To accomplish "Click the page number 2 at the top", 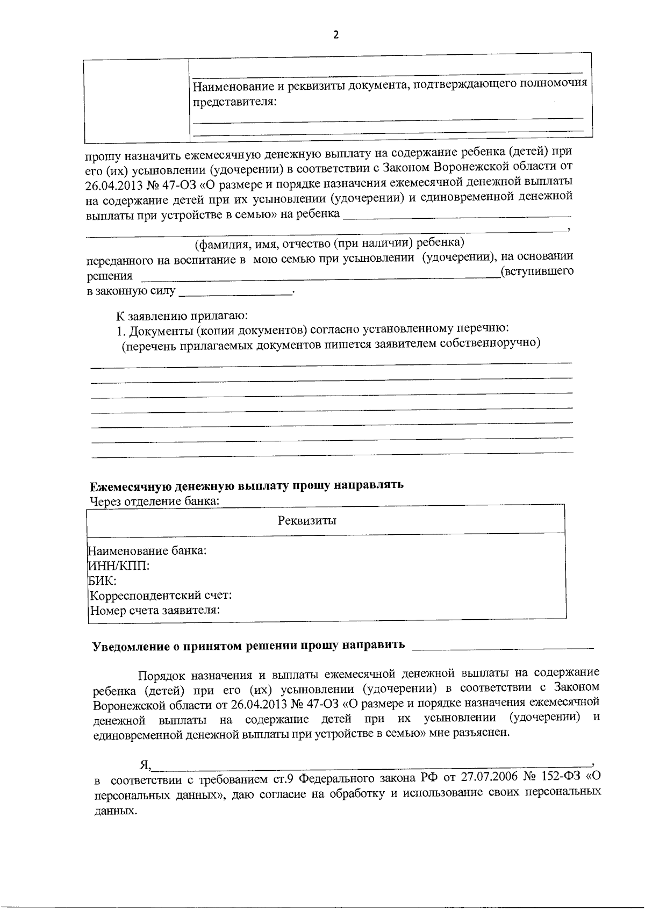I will [336, 35].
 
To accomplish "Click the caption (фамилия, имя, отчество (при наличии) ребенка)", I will [329, 243].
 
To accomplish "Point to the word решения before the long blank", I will [109, 276].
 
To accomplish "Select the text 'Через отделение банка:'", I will [155, 501].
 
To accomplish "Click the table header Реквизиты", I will [307, 520].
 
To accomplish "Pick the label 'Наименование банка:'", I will [148, 551].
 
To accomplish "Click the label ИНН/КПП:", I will [119, 566].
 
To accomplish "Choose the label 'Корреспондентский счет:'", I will [161, 596].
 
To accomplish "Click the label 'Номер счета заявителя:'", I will [155, 611].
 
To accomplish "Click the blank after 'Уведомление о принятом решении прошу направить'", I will [503, 647].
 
